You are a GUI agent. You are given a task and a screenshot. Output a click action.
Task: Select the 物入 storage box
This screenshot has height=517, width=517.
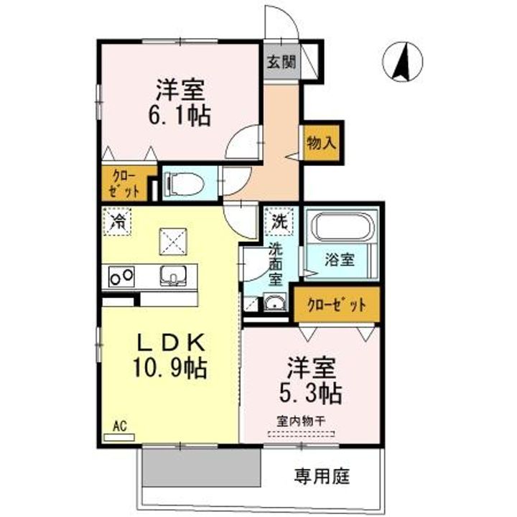(x=320, y=141)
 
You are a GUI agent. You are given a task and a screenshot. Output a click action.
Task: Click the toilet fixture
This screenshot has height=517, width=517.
(x=180, y=185)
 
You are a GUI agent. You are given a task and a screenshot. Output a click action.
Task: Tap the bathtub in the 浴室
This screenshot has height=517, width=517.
(x=341, y=228)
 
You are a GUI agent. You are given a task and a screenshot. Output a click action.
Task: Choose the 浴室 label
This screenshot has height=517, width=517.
(x=340, y=259)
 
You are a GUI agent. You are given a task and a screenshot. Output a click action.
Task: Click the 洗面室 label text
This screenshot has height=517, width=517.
(x=276, y=264)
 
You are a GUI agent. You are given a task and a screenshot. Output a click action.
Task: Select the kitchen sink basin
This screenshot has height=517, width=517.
(x=172, y=274)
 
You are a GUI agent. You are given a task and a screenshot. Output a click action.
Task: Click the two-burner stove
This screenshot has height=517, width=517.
(x=121, y=274)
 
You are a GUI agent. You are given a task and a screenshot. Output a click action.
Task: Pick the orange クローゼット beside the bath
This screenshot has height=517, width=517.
(x=336, y=304)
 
